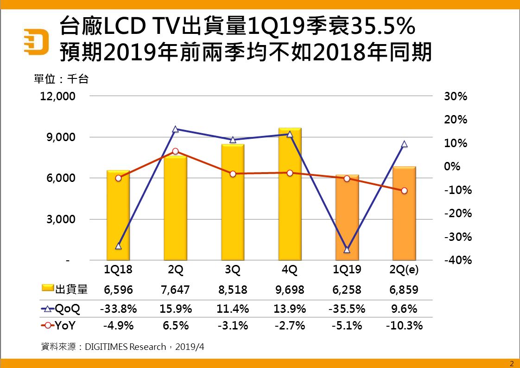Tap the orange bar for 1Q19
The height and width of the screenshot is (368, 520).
(x=347, y=218)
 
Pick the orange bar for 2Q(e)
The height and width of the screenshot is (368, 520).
(x=404, y=213)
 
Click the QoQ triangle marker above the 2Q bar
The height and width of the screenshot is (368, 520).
(x=176, y=129)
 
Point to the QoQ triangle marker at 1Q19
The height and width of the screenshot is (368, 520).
(x=347, y=250)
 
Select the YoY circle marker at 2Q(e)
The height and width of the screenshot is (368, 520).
(x=404, y=191)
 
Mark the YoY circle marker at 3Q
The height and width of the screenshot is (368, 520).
(x=233, y=174)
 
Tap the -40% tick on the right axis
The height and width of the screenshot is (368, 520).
(x=457, y=260)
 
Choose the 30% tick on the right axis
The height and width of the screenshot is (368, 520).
(x=456, y=97)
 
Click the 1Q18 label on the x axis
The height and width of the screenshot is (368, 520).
(x=118, y=270)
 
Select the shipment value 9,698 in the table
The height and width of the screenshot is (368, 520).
(x=290, y=290)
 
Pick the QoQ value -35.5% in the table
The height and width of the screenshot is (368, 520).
(x=347, y=309)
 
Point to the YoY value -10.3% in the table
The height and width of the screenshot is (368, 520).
(x=404, y=326)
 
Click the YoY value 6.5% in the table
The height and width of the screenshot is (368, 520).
(x=176, y=326)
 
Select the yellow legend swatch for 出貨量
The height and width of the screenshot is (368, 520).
(x=48, y=290)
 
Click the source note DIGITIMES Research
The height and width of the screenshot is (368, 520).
(x=125, y=347)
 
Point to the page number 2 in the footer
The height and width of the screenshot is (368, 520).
(x=512, y=363)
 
